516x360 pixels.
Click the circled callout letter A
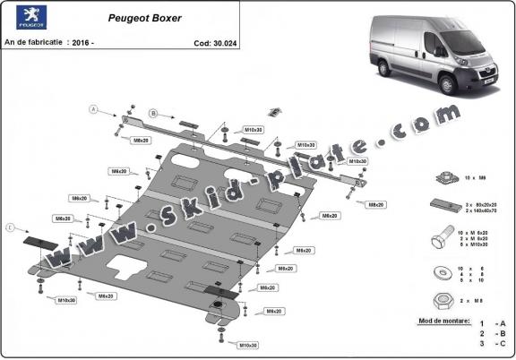92,109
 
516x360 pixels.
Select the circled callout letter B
153,113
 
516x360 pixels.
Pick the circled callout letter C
12,228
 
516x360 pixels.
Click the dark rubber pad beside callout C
39,240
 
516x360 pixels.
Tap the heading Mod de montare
443,320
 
